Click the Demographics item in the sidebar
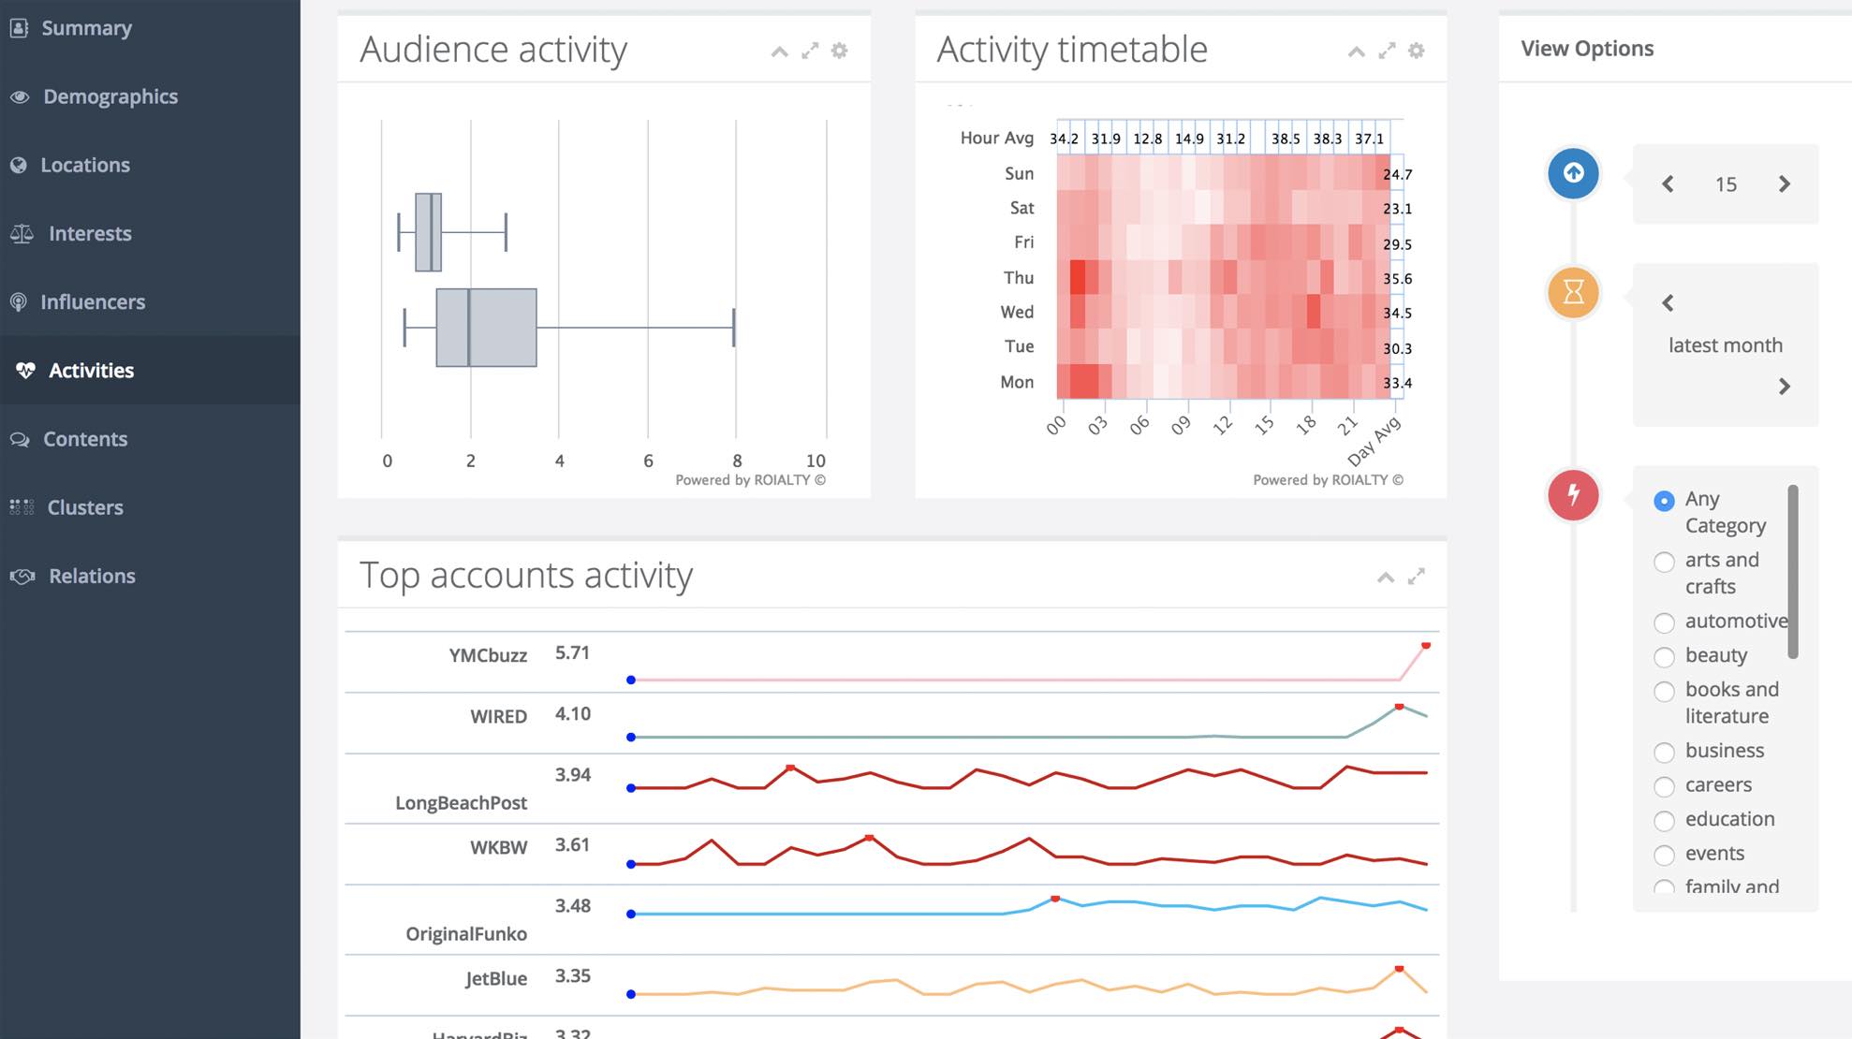(110, 96)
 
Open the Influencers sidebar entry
(92, 301)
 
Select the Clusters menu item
(84, 507)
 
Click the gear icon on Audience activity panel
(840, 51)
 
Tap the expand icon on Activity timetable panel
(1387, 51)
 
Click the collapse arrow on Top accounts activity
(1386, 577)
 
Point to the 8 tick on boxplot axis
(737, 461)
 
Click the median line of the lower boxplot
(468, 328)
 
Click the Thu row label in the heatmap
(1018, 278)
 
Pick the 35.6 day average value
(1397, 279)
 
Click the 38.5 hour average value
(1286, 139)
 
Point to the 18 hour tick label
(1305, 425)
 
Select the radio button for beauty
(1664, 657)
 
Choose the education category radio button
(1664, 821)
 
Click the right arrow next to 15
(1784, 184)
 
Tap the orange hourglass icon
(1573, 292)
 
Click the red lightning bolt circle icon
(1573, 494)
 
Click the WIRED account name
(498, 716)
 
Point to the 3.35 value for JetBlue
(572, 976)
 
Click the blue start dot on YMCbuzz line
(631, 680)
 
